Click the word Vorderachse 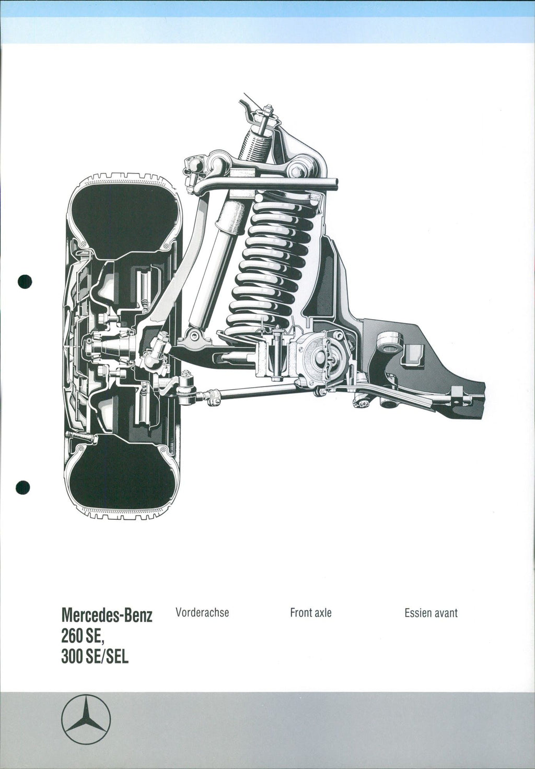click(x=202, y=612)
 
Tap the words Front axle click(x=311, y=612)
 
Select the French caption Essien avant click(x=431, y=613)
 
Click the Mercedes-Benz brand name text click(x=107, y=615)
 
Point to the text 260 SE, click(x=83, y=637)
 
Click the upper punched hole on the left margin click(x=25, y=282)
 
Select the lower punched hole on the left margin click(x=22, y=487)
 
